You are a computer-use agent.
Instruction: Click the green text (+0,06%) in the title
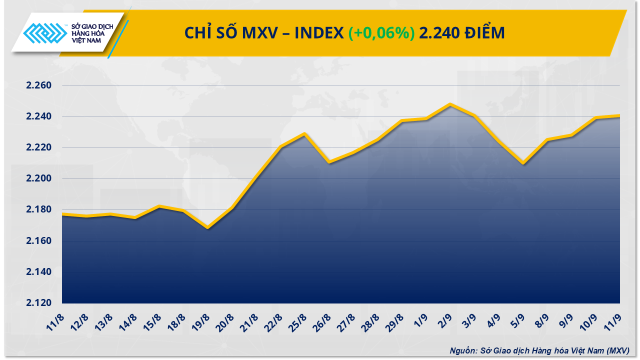(x=381, y=33)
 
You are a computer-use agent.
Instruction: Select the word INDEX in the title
(x=318, y=33)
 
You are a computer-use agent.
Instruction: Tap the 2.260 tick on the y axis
(x=39, y=85)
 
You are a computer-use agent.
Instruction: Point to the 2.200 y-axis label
(x=39, y=179)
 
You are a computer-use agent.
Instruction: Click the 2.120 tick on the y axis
(x=39, y=303)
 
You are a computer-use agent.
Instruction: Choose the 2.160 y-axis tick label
(x=39, y=241)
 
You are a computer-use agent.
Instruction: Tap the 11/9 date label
(x=614, y=320)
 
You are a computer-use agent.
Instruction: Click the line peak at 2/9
(x=450, y=104)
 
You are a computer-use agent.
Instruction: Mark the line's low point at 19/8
(x=207, y=228)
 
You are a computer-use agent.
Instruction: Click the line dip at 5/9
(x=523, y=163)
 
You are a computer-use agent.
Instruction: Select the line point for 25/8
(x=304, y=133)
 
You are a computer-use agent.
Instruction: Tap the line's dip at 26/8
(x=328, y=162)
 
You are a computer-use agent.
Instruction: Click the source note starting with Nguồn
(x=539, y=350)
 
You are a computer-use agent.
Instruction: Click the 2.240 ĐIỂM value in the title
(x=462, y=33)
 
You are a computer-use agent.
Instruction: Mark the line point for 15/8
(x=159, y=206)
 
